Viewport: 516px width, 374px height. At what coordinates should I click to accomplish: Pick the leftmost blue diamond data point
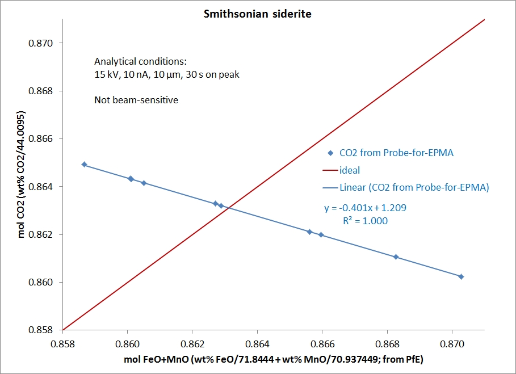click(x=85, y=165)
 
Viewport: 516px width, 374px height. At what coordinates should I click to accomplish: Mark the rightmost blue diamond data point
click(x=461, y=276)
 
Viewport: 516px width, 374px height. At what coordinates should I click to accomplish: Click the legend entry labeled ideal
click(x=349, y=170)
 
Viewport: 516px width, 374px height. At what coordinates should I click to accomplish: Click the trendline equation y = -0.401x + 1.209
click(x=365, y=208)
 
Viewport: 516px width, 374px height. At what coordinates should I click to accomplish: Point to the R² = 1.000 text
click(x=365, y=221)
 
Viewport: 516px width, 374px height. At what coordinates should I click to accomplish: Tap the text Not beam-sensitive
click(x=136, y=100)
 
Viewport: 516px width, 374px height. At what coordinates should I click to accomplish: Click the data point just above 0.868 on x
click(x=396, y=257)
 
